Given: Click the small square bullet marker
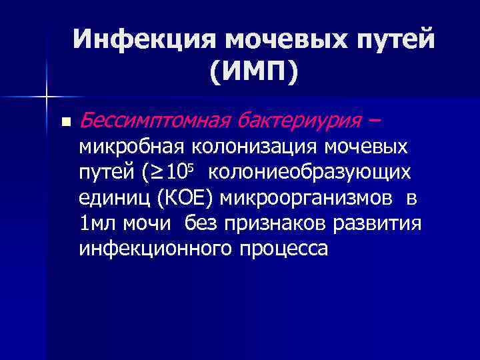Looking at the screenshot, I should click(64, 122).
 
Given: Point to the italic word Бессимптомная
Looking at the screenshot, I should click(153, 121).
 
